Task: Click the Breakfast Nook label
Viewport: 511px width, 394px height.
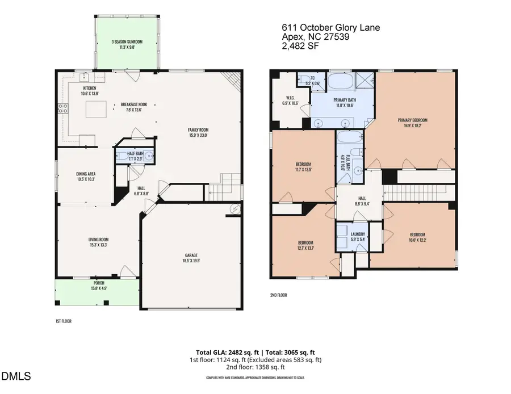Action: [134, 105]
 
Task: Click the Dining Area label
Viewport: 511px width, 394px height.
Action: [86, 174]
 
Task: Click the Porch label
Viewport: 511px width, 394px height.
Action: [99, 282]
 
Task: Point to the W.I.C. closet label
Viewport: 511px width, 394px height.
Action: [289, 98]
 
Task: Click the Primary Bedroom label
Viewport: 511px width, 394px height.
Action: [412, 120]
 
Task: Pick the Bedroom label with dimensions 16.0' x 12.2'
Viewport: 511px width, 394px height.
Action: [418, 234]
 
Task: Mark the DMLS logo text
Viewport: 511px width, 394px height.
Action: [17, 375]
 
